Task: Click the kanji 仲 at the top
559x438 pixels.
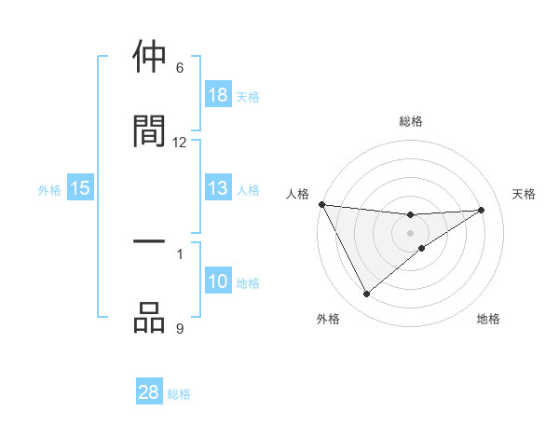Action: coord(149,58)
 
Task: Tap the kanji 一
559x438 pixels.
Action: coord(149,242)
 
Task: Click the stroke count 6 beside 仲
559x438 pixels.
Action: coord(180,68)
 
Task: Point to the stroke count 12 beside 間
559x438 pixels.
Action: coord(180,142)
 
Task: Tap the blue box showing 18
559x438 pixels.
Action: coord(218,95)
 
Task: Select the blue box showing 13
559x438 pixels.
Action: coord(218,189)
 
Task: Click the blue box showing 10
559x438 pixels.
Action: coord(218,281)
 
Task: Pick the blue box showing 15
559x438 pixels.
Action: coord(80,189)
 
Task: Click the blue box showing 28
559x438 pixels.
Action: coord(149,392)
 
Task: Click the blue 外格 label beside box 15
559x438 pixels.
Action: coord(49,190)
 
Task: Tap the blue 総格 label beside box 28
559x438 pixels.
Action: coord(179,393)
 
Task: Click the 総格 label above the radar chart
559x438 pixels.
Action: coord(411,121)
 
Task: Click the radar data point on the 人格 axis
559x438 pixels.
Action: coord(321,204)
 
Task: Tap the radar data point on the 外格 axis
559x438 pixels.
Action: coord(366,294)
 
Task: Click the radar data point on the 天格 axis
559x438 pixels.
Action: coord(482,210)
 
